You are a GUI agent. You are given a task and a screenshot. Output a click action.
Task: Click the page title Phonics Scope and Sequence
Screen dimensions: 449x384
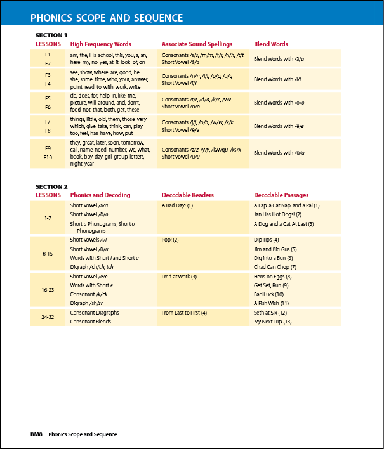tap(107, 18)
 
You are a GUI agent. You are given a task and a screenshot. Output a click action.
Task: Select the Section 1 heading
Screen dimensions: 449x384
tap(51, 36)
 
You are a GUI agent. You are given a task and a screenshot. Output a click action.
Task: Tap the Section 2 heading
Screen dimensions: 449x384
tap(51, 186)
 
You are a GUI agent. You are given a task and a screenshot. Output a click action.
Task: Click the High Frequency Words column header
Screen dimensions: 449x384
tap(101, 44)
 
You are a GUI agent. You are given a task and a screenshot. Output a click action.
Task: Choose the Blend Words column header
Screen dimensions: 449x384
tap(271, 44)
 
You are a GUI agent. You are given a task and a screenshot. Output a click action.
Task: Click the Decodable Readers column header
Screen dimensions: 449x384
tap(188, 195)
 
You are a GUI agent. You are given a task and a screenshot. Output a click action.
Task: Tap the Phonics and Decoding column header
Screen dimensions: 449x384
tap(100, 195)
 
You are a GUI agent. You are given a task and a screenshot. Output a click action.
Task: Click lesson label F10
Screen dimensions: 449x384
tap(48, 157)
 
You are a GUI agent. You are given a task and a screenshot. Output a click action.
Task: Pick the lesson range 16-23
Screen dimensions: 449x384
tap(48, 290)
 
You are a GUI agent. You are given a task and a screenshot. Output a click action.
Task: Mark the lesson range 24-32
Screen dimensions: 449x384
tap(48, 317)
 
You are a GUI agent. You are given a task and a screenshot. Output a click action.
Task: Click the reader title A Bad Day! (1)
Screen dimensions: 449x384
tap(177, 205)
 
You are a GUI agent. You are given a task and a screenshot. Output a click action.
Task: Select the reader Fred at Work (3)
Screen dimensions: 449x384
tap(180, 277)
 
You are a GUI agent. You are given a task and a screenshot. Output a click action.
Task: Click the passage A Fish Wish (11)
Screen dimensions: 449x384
tap(272, 303)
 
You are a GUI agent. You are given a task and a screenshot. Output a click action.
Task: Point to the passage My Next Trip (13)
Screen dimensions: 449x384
tap(273, 322)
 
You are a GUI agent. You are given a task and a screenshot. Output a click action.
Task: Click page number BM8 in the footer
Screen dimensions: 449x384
tap(36, 434)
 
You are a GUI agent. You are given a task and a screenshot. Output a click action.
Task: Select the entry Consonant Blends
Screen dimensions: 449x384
tap(91, 322)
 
